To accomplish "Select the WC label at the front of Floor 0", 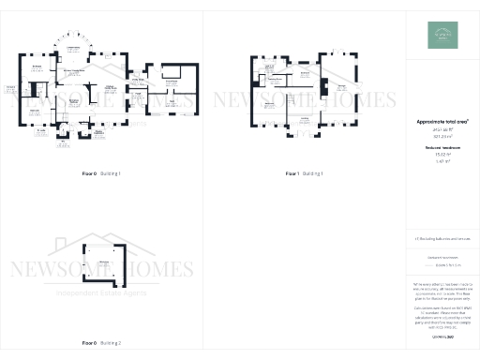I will click(x=62, y=139).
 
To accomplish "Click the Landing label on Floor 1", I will click(x=305, y=118).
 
